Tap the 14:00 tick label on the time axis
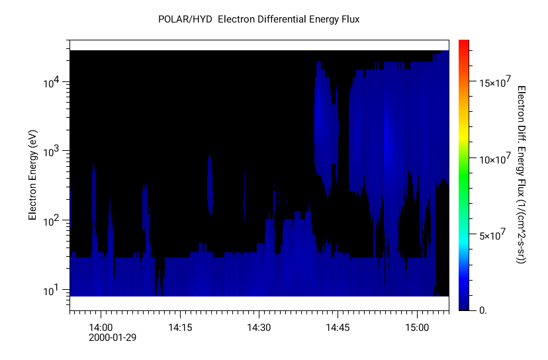(x=101, y=327)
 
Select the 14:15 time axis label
(x=180, y=327)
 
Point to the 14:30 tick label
(x=259, y=327)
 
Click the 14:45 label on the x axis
(x=338, y=327)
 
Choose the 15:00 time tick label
(x=417, y=327)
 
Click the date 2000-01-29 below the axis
(x=113, y=337)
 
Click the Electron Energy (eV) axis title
(x=32, y=175)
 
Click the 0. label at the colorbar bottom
(x=482, y=310)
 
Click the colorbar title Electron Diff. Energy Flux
(x=522, y=175)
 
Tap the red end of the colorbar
(x=464, y=45)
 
